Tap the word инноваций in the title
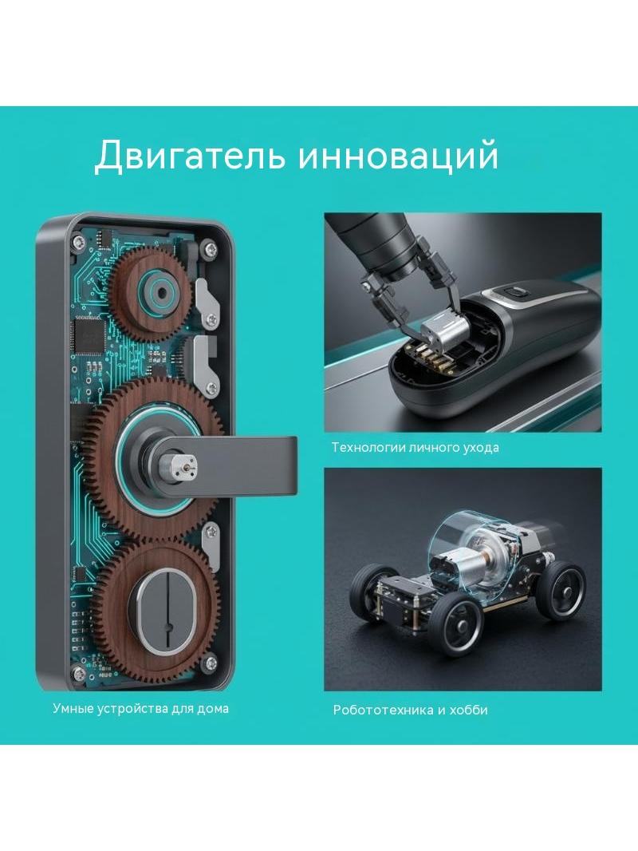coord(398,156)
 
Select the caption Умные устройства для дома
coord(141,708)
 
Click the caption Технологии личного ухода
coord(415,448)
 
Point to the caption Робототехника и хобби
coord(411,710)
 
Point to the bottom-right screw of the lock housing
coord(211,662)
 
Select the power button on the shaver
coord(517,293)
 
